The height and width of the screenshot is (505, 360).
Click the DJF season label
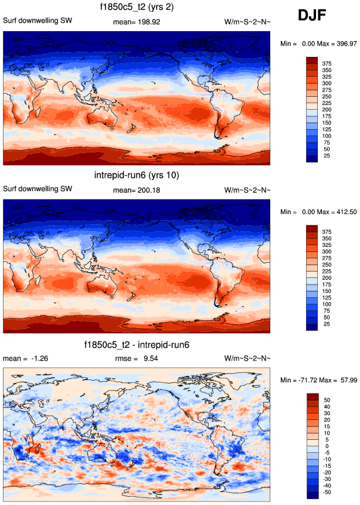pos(317,15)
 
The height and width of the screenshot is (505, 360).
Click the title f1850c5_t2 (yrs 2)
pos(136,7)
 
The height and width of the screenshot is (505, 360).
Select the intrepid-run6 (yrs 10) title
pos(136,175)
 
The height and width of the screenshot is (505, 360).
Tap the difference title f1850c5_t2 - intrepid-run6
pos(136,344)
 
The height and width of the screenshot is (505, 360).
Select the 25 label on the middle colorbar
pos(327,324)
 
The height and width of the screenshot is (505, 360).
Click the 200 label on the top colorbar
pos(327,110)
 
